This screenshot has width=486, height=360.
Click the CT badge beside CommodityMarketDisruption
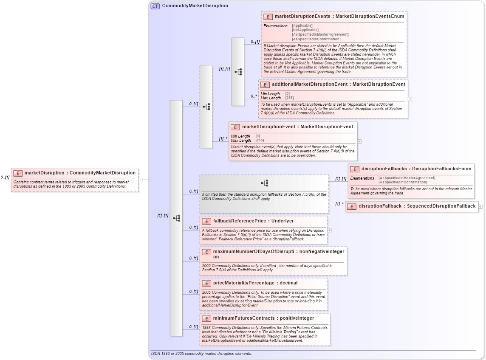155,6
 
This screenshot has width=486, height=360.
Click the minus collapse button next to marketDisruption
140,180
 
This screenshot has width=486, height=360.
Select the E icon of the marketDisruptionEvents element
268,17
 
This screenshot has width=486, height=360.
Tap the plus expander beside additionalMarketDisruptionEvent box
410,99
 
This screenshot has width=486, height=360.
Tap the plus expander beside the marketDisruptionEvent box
359,141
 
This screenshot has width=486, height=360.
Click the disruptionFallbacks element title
385,169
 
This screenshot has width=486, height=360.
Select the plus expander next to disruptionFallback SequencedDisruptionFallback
480,207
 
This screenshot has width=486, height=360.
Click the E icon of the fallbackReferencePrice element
206,221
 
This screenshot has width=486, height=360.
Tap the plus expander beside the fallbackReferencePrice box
330,230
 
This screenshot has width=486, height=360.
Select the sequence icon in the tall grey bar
176,218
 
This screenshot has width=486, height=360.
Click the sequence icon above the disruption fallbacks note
264,183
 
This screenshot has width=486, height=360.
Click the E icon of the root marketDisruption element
18,173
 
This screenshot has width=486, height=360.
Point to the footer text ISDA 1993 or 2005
201,354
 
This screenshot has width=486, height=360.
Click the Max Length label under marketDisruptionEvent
241,141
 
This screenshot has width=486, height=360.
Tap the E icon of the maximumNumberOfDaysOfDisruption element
206,252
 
